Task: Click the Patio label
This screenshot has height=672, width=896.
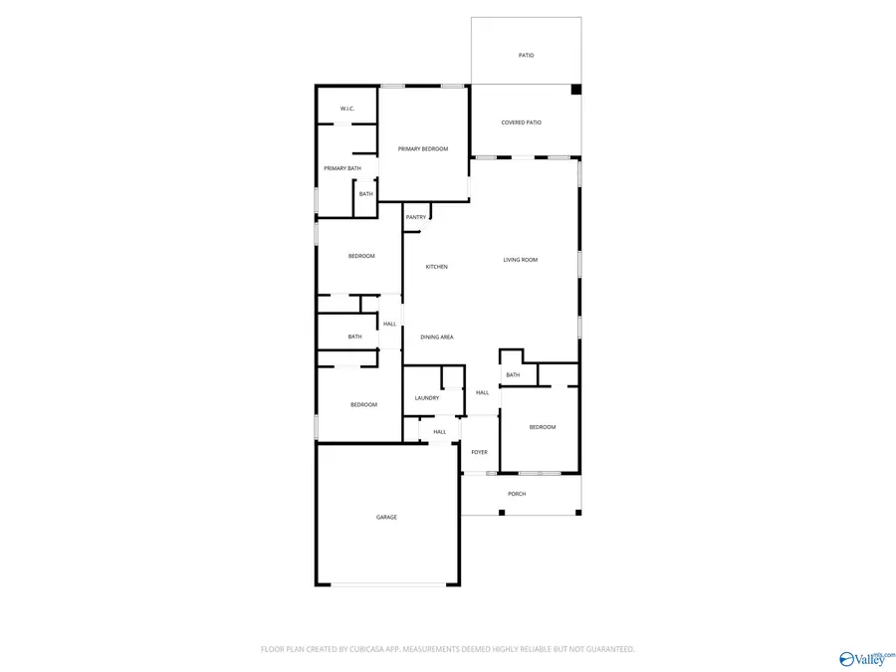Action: [x=526, y=56]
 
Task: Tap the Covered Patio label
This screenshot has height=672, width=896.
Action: [x=521, y=122]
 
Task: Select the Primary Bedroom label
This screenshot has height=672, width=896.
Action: [x=423, y=149]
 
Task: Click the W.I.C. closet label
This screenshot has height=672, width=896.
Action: [x=346, y=109]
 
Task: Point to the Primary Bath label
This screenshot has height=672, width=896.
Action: [x=341, y=168]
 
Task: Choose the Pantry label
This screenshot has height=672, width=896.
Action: [x=416, y=217]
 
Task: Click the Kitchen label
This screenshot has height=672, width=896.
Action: [x=437, y=267]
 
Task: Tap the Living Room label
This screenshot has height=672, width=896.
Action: [x=520, y=260]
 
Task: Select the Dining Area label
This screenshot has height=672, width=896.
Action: [x=437, y=337]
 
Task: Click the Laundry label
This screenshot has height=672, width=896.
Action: [x=427, y=398]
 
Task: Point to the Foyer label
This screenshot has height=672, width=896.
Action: [x=480, y=452]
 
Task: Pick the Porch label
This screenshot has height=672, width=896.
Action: [x=517, y=494]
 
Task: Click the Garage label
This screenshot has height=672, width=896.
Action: [x=386, y=517]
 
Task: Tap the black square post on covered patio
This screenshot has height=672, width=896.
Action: [x=575, y=90]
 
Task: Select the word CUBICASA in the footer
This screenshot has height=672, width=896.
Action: [x=364, y=649]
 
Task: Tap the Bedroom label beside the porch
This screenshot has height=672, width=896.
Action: [x=543, y=427]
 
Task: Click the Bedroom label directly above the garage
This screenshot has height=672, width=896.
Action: [x=363, y=404]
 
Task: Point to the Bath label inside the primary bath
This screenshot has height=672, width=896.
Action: [x=366, y=194]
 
